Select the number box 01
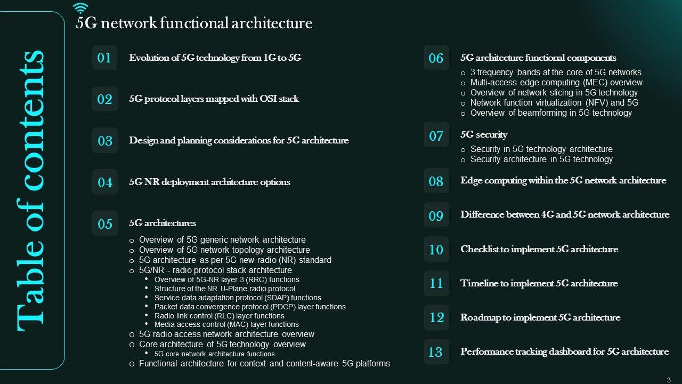click(x=104, y=58)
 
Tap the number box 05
click(x=105, y=223)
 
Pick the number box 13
click(x=436, y=352)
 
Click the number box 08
click(x=436, y=181)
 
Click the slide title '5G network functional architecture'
click(x=194, y=23)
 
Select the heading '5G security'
click(x=484, y=134)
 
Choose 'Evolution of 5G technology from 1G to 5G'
click(x=215, y=58)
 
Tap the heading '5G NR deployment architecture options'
click(x=209, y=182)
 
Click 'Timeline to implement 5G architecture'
click(x=539, y=283)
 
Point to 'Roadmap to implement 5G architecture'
click(x=540, y=317)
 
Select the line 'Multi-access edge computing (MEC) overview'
click(x=556, y=83)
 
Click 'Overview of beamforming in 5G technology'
click(x=551, y=113)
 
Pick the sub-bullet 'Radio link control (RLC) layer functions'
click(x=220, y=316)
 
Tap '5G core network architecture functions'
click(x=215, y=354)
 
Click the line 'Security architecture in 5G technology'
click(x=541, y=159)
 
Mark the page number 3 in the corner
click(x=669, y=379)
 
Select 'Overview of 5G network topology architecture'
click(x=224, y=250)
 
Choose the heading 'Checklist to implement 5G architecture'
click(x=539, y=249)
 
